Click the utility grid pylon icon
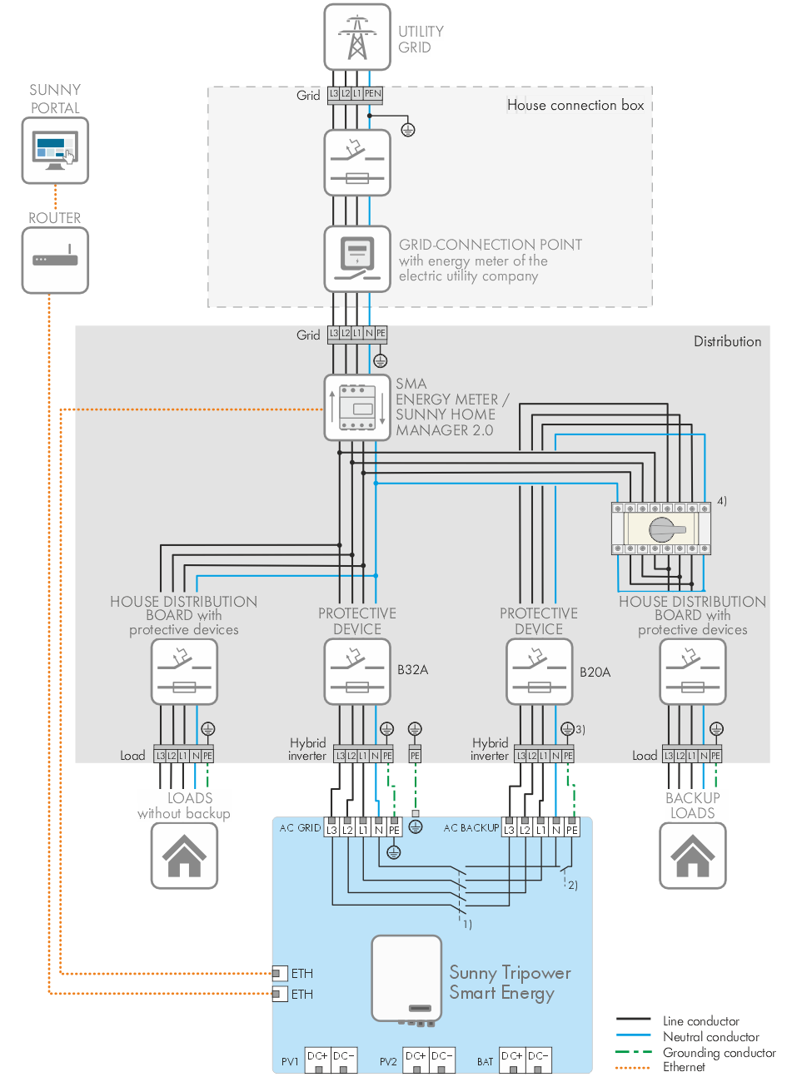click(357, 37)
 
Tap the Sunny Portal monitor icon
click(55, 151)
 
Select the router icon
click(55, 260)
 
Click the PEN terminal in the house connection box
click(372, 94)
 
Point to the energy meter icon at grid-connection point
click(357, 258)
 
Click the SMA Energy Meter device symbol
click(357, 408)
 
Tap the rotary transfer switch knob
click(662, 529)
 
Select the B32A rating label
click(412, 670)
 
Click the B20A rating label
click(595, 672)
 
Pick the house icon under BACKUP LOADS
click(693, 856)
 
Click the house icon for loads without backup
click(184, 856)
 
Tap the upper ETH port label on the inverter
click(301, 973)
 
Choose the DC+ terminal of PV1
click(317, 1057)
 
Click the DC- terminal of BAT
click(538, 1057)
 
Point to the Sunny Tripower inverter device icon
click(406, 979)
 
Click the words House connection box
click(575, 105)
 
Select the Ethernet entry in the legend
click(684, 1067)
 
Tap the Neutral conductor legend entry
click(710, 1037)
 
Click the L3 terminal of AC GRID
click(331, 830)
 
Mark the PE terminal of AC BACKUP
click(572, 830)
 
